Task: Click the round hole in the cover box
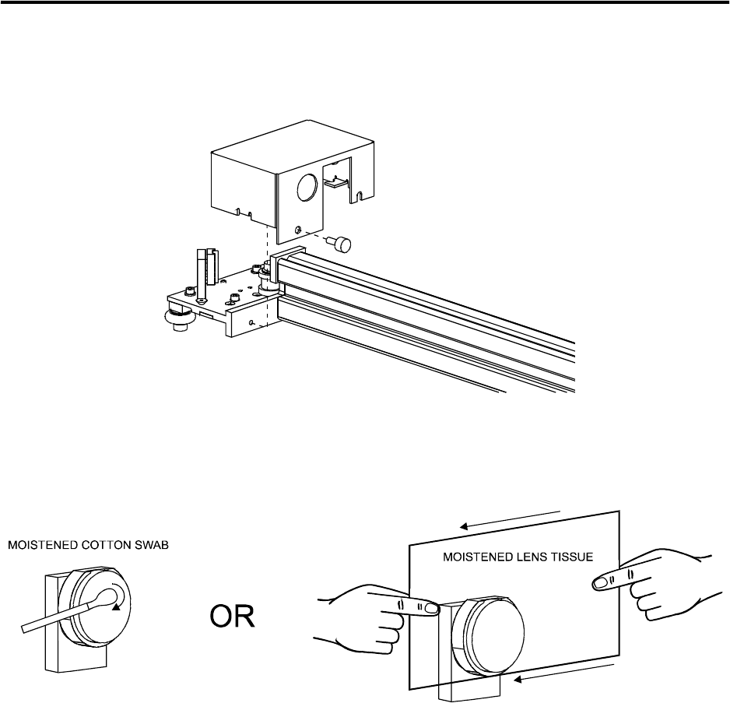coord(307,185)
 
